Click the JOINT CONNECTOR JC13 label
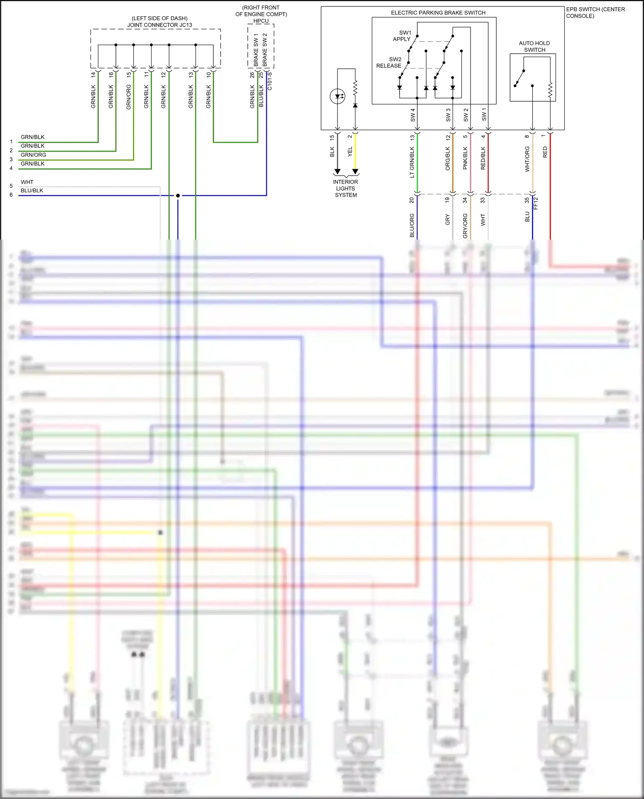coord(159,25)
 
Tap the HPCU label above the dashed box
coord(261,21)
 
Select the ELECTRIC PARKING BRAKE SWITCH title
coord(438,13)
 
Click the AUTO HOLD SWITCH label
coord(534,46)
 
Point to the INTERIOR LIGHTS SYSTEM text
coord(346,188)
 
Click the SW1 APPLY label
coord(403,36)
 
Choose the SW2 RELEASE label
coord(390,63)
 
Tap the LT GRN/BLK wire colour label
coord(412,162)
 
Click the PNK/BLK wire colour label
coord(465,158)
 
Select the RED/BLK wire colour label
coord(483,158)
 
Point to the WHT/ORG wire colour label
coord(527,159)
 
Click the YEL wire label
coord(350,152)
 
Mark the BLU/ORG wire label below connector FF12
coord(412,225)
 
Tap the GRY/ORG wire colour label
coord(465,226)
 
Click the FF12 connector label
coord(536,203)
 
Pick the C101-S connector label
coord(270,81)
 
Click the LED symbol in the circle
coord(337,96)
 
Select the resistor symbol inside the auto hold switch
coord(550,90)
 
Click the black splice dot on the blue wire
coord(178,195)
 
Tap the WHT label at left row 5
coord(27,182)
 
